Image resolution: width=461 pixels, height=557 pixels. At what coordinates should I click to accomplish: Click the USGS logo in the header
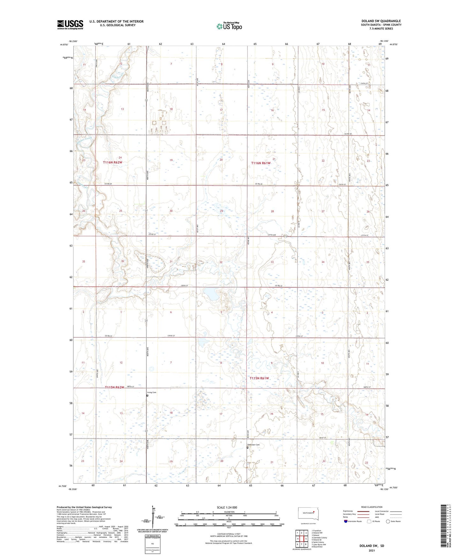point(70,25)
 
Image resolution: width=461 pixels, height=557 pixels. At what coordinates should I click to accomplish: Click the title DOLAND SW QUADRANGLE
point(381,21)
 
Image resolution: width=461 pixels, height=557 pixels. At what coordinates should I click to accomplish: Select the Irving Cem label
point(152,392)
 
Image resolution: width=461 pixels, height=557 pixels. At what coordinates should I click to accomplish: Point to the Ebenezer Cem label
point(254,445)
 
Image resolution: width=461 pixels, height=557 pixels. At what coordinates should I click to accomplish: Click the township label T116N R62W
point(113,162)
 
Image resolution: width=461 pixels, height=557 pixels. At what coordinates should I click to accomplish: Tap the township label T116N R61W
point(261,163)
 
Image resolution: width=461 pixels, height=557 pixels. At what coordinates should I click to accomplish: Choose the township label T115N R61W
point(259,378)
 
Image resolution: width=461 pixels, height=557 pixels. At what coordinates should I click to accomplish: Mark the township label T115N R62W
point(114,387)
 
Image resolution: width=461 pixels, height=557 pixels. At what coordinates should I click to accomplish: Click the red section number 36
point(123,261)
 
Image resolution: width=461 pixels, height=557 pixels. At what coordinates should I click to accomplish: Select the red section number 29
point(221,211)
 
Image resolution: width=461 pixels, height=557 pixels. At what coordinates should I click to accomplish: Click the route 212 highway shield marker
point(286,236)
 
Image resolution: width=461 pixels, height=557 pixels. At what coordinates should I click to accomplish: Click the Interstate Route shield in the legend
point(346,521)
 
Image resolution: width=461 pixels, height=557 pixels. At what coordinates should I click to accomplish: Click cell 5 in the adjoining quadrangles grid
point(306,539)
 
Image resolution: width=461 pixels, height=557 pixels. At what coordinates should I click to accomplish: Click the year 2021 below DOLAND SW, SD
point(371,550)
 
